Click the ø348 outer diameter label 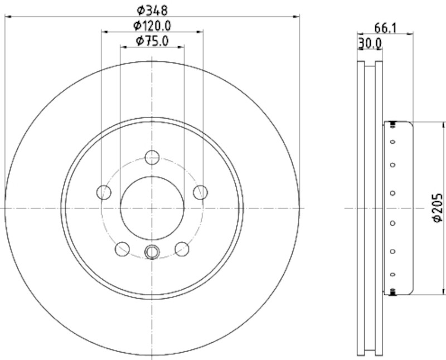click(152, 11)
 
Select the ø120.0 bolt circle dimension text click(152, 26)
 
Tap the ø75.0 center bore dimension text click(152, 41)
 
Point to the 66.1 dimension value click(385, 28)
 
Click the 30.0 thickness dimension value click(370, 43)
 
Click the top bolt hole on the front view click(152, 158)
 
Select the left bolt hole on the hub click(104, 192)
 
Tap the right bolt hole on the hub click(200, 192)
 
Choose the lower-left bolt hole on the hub click(122, 249)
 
